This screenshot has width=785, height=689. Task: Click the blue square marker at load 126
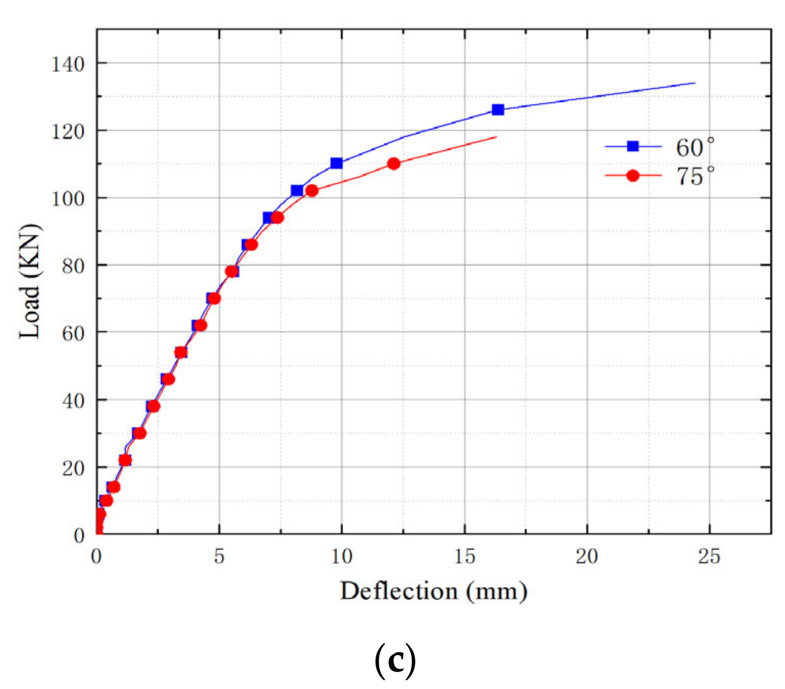[497, 110]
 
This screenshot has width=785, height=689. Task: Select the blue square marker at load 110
[336, 164]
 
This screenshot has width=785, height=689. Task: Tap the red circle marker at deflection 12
[394, 164]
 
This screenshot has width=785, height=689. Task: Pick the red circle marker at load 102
[311, 191]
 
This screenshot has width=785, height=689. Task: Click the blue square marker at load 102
[297, 191]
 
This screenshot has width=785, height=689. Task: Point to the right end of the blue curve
[695, 83]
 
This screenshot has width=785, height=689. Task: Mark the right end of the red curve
[496, 136]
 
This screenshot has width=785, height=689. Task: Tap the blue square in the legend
[633, 147]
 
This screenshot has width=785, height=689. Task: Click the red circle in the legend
[633, 176]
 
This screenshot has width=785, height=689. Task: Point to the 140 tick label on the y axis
[67, 64]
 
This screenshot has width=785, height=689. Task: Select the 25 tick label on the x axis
[709, 557]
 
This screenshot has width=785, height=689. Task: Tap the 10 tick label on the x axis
[341, 557]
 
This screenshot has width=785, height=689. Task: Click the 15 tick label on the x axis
[464, 557]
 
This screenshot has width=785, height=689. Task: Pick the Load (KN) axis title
[30, 281]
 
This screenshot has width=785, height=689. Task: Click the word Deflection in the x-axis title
[399, 591]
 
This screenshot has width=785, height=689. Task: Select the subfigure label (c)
[395, 661]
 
